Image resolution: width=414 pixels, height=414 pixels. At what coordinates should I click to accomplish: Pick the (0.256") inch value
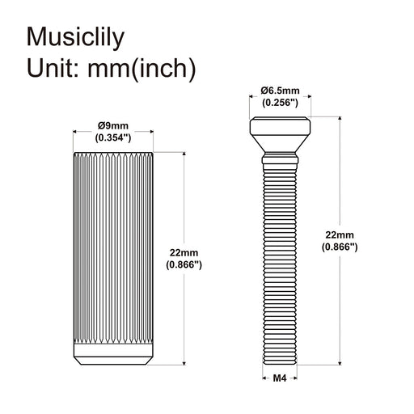pos(279,103)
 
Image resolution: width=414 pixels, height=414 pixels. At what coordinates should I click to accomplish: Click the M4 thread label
pos(279,378)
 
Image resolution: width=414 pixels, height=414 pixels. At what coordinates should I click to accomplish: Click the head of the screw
pos(279,127)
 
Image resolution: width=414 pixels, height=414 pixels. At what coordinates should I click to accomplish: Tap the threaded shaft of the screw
pos(279,259)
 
